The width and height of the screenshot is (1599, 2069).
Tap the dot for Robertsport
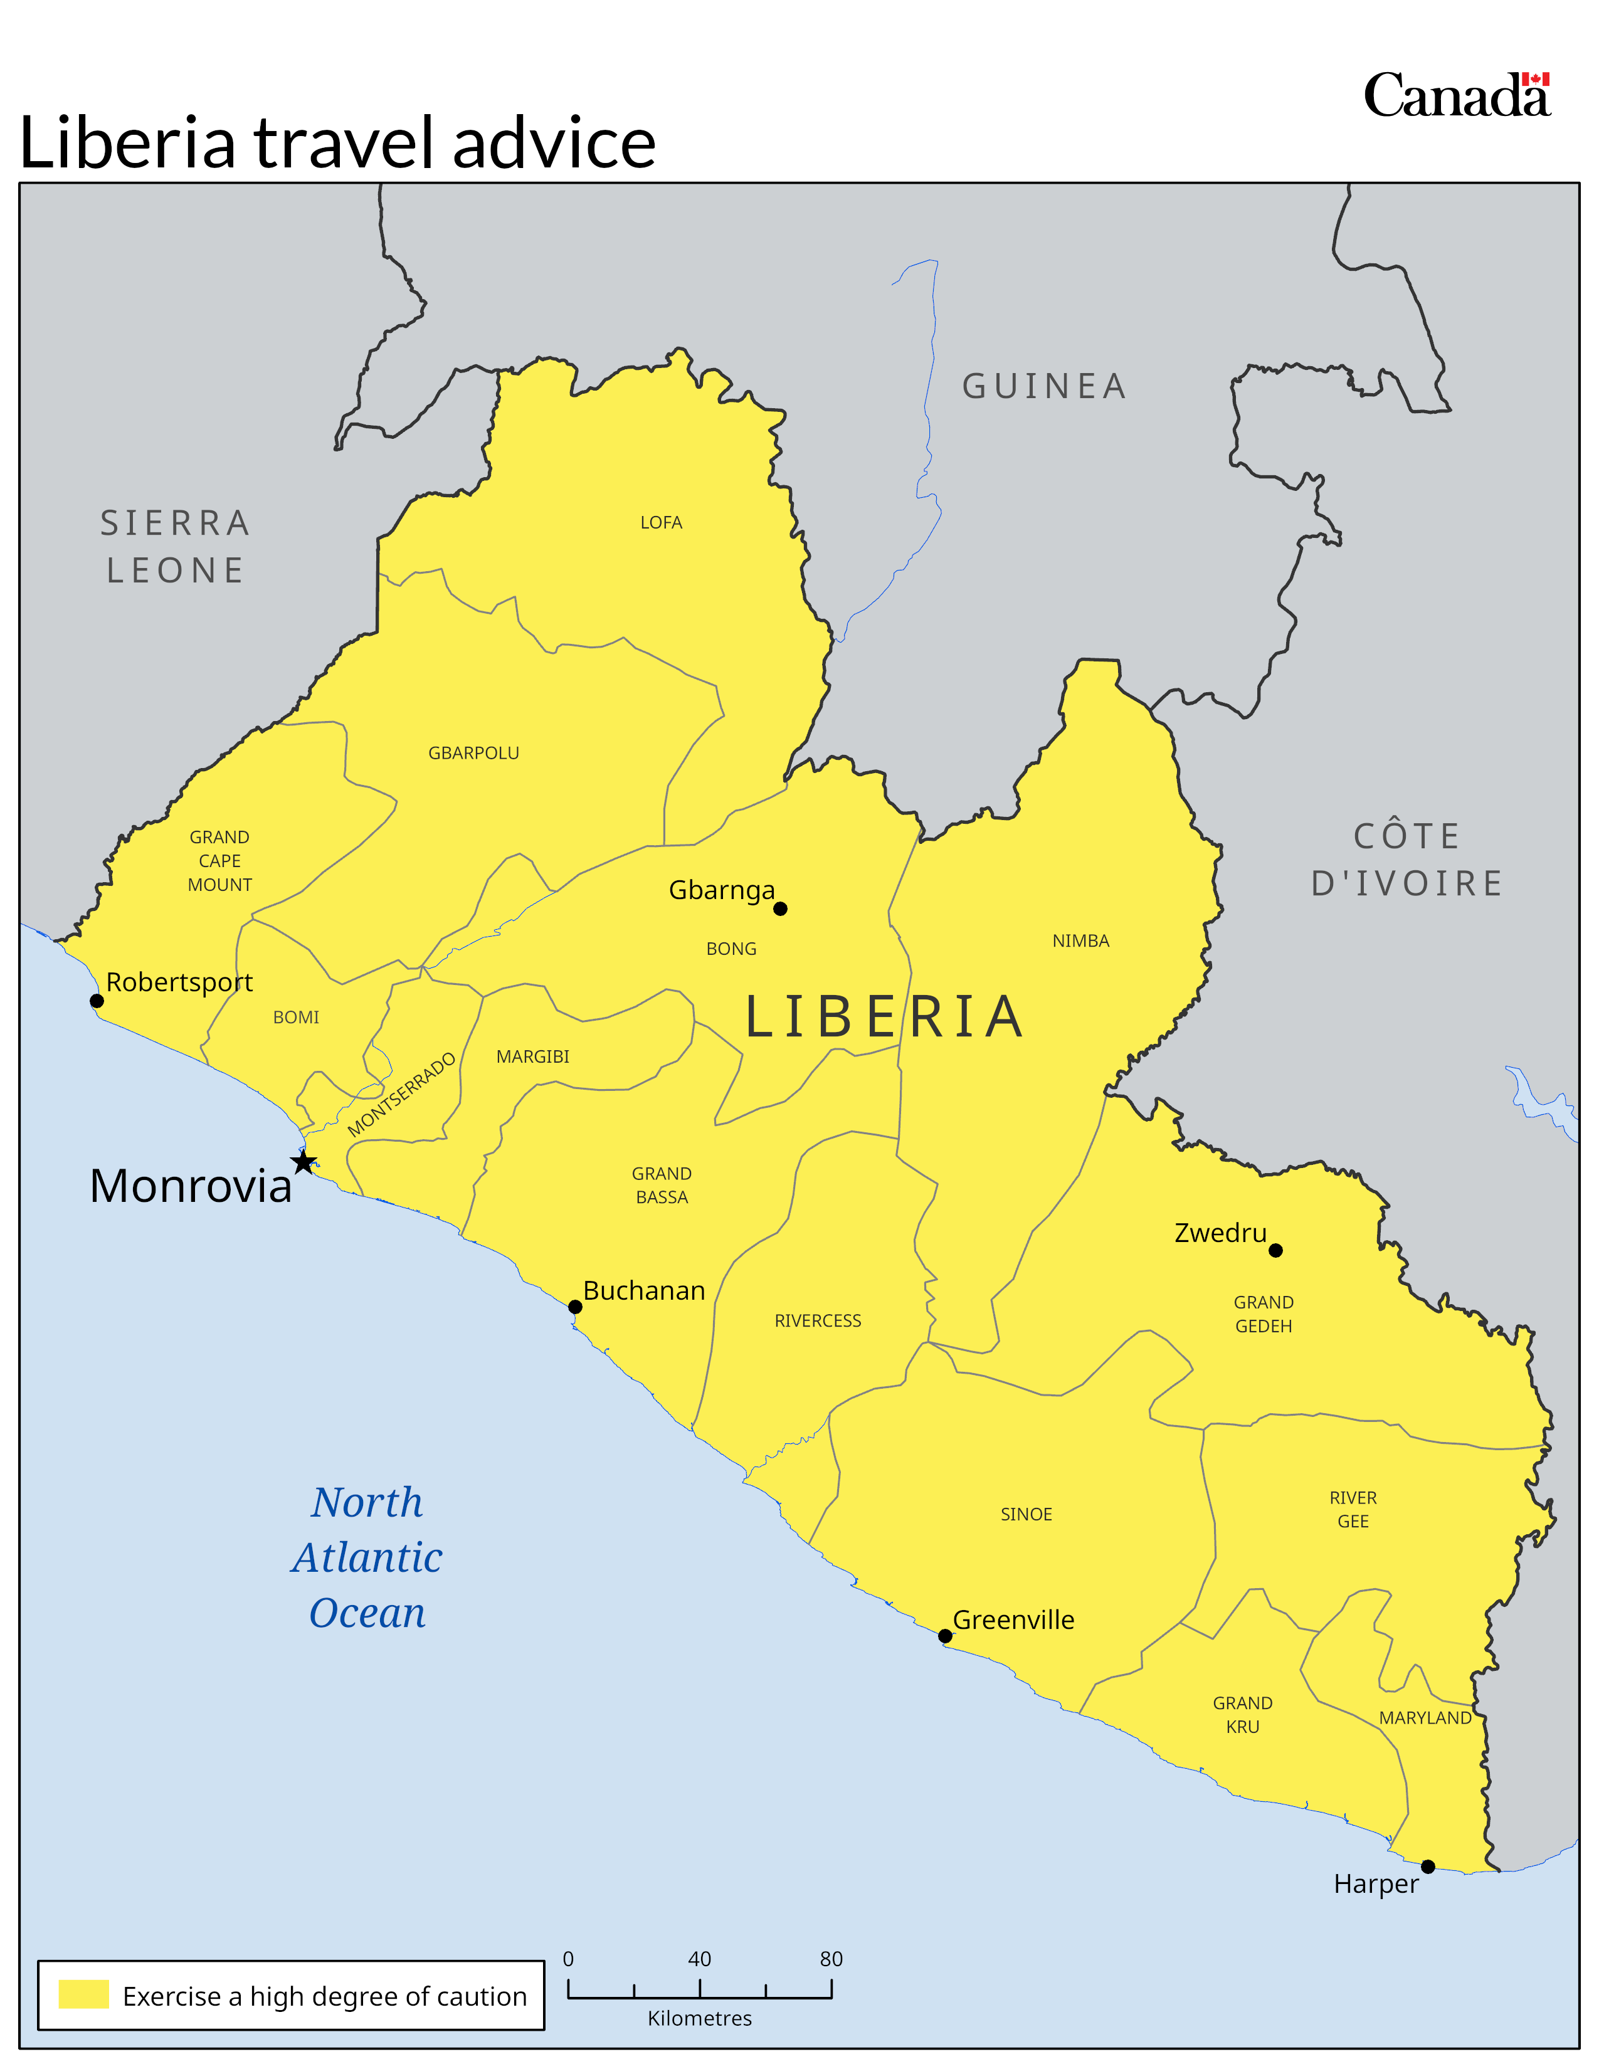point(97,1001)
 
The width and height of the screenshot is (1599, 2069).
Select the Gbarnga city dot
point(781,908)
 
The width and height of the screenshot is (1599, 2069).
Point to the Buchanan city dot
point(575,1307)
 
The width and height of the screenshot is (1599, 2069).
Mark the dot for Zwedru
point(1276,1251)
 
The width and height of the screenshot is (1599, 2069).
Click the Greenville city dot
point(946,1636)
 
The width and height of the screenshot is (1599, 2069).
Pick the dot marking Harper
point(1428,1866)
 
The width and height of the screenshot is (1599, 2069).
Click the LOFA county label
point(661,523)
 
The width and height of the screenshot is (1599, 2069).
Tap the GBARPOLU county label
point(473,753)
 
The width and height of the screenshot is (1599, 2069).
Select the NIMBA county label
point(1081,940)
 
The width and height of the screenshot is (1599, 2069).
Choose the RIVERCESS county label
point(818,1320)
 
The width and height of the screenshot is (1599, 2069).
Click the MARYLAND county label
point(1425,1717)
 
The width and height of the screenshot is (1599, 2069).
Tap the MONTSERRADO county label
point(402,1094)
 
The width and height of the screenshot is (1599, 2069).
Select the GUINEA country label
point(1045,386)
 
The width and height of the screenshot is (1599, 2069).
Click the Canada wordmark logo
point(1457,96)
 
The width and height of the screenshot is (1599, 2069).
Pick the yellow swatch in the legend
point(83,1994)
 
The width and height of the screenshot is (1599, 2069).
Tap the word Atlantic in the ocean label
point(367,1559)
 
